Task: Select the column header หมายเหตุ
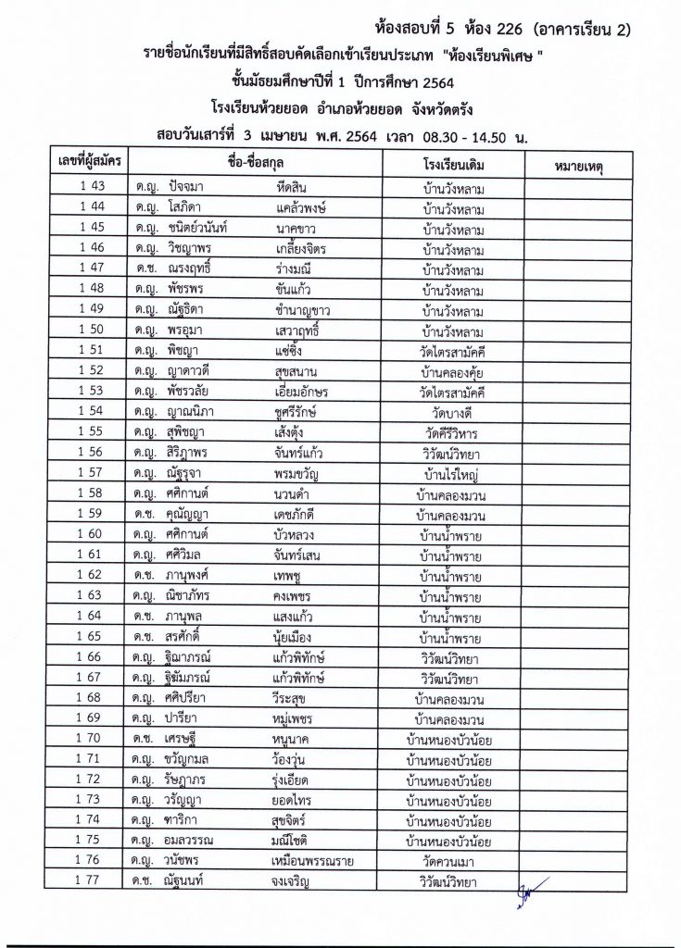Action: point(578,166)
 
